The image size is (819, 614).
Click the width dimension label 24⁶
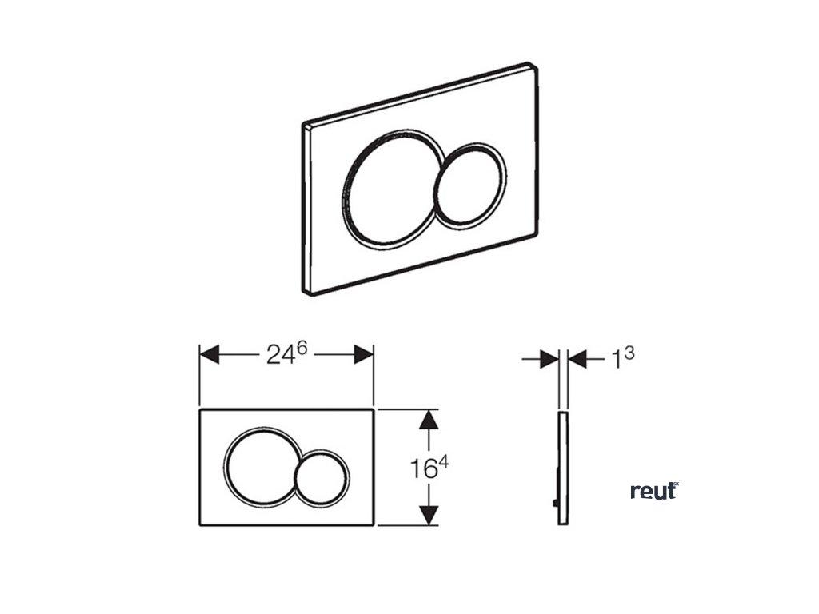284,354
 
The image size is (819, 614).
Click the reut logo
653,491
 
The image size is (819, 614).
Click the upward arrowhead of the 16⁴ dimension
429,421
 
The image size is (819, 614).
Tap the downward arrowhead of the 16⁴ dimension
429,515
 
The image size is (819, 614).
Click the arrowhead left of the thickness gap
549,360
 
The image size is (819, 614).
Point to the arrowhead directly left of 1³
577,360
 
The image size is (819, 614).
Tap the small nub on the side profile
555,503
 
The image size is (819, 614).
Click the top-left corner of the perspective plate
306,126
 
